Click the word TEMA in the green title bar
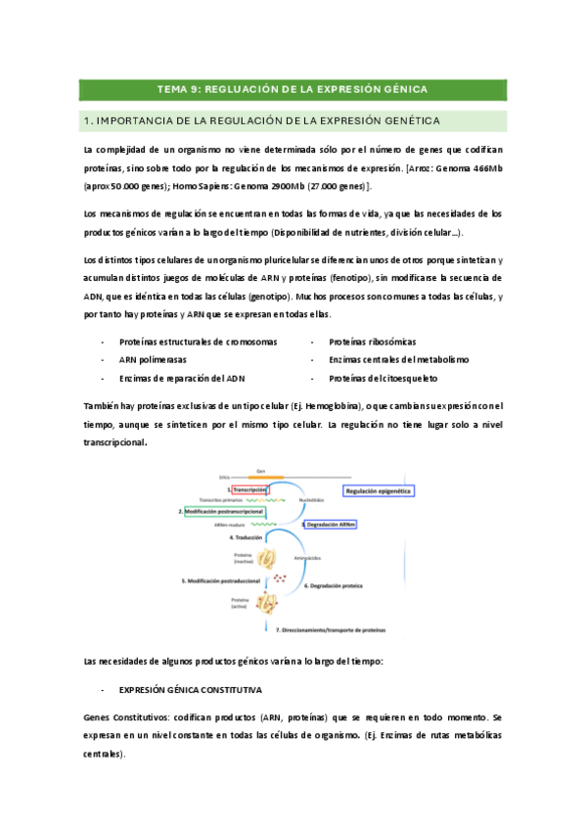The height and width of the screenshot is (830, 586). click(174, 89)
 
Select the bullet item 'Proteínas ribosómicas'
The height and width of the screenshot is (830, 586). click(373, 342)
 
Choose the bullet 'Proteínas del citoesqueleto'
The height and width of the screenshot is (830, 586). click(383, 377)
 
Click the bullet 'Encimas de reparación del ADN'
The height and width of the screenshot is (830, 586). click(182, 377)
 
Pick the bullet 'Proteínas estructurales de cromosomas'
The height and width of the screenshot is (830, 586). click(198, 342)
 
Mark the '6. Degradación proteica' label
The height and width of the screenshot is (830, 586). click(333, 585)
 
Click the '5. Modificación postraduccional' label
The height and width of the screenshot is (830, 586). click(220, 580)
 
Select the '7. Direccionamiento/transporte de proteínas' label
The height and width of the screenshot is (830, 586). click(332, 628)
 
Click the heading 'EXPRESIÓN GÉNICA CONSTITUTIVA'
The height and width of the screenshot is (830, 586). click(191, 690)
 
